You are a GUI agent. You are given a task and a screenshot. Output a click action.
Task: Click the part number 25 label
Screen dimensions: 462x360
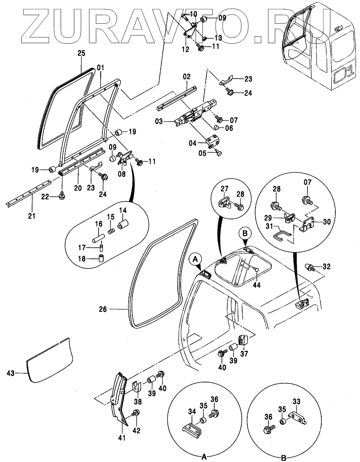(x=82, y=53)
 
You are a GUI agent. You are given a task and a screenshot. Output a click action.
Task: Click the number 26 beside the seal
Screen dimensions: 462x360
(x=103, y=309)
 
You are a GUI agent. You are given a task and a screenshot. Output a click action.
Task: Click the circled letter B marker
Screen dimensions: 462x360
(x=245, y=233)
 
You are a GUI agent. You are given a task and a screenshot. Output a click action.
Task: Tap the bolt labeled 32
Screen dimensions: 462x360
(x=311, y=266)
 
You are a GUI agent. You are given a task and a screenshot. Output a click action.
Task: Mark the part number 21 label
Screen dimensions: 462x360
(x=32, y=216)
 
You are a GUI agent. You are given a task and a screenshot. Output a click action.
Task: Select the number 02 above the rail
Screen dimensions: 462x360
(x=186, y=77)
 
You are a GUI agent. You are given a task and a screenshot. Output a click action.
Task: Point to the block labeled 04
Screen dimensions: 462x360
(x=214, y=141)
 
